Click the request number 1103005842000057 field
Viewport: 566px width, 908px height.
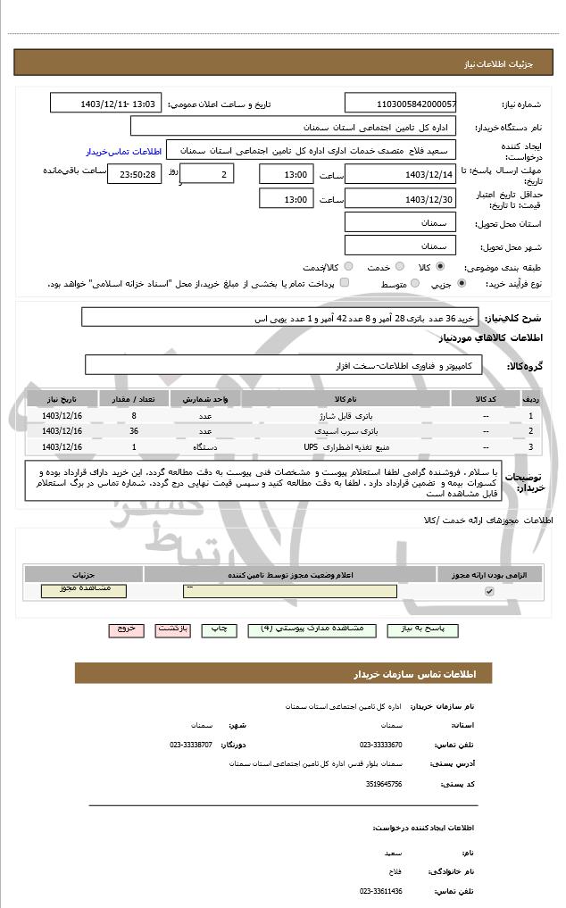[400, 104]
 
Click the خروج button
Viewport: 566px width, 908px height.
[126, 629]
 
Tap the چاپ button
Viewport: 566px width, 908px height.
[218, 629]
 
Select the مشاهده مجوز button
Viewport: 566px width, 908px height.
[84, 590]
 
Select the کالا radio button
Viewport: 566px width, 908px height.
[440, 266]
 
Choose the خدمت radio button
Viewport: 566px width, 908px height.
[397, 266]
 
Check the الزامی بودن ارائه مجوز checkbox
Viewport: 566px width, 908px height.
[488, 592]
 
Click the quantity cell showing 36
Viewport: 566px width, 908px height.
[134, 431]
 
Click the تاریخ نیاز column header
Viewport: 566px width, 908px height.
[62, 398]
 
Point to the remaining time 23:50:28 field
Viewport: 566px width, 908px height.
[134, 174]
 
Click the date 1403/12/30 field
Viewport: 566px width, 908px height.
[400, 199]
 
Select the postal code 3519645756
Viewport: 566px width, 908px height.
[384, 783]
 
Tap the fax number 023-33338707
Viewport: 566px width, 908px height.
[191, 744]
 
